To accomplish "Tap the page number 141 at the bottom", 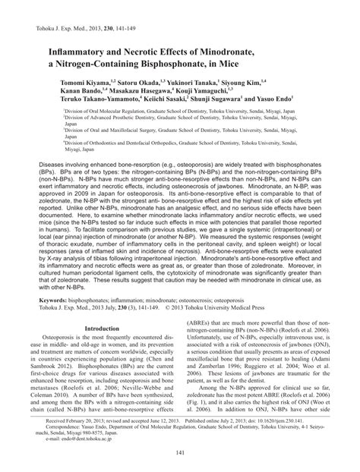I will [180, 453].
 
